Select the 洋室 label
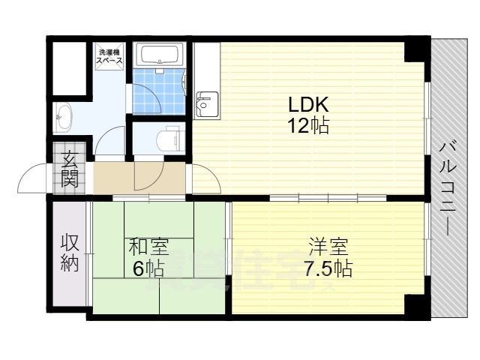pos(328,246)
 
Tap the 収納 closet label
pos(69,253)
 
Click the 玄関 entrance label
pos(69,170)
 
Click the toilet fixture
pos(169,139)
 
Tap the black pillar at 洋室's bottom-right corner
pos(415,306)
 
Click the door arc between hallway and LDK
pos(206,180)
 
